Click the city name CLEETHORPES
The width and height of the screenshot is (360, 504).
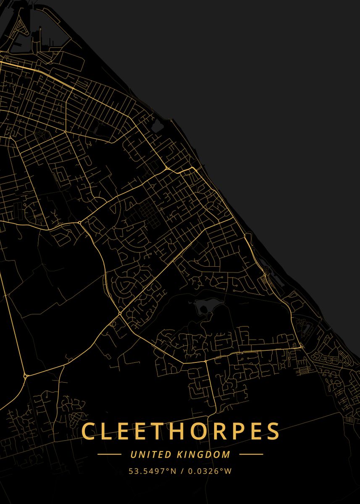[180, 431]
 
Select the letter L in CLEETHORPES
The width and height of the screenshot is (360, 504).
[107, 431]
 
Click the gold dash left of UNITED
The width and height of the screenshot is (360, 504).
[109, 454]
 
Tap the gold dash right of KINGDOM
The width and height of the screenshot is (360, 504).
[251, 454]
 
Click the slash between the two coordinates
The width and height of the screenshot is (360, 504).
[182, 471]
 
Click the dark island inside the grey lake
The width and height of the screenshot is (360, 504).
[203, 310]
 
